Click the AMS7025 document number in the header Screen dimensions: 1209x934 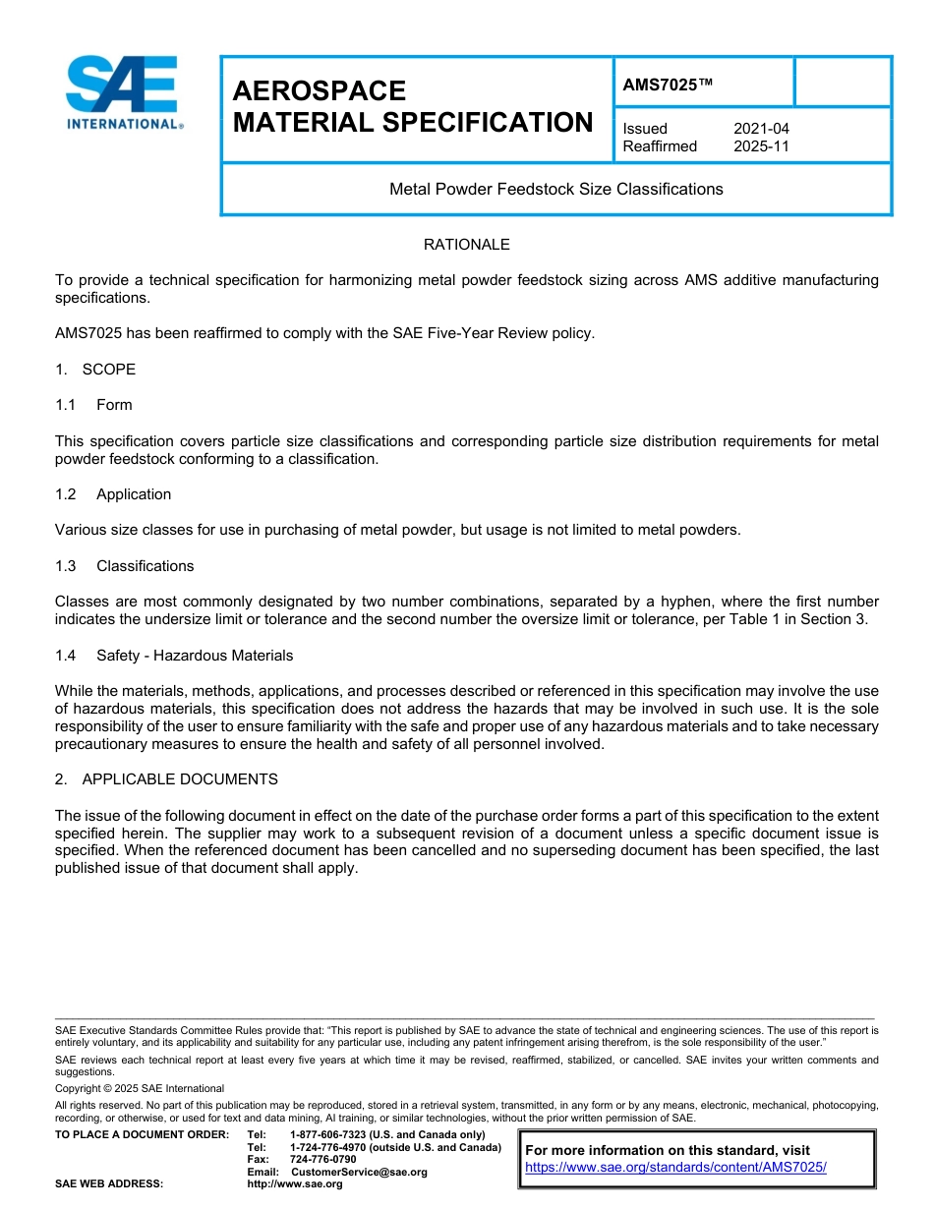click(667, 86)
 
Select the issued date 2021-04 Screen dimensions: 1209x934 click(761, 129)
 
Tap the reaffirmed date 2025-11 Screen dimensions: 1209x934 click(761, 146)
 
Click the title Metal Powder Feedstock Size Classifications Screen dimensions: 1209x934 click(555, 189)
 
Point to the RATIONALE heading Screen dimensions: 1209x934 click(466, 244)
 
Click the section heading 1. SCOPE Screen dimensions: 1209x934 click(95, 370)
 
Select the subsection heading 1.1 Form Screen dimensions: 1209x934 click(93, 405)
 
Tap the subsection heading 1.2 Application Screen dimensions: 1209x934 click(113, 494)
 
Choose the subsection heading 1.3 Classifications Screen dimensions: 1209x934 click(125, 566)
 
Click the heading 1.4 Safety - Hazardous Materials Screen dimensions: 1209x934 click(174, 656)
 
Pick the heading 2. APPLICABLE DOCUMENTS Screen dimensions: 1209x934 click(166, 779)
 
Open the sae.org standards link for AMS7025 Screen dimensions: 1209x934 click(675, 1168)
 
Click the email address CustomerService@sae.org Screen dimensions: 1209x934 click(359, 1172)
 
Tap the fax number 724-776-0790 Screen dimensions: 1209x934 click(322, 1160)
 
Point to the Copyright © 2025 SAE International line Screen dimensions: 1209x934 click(140, 1088)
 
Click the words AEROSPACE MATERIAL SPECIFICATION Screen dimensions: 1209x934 click(412, 107)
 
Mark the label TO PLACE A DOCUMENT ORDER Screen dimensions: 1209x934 click(142, 1135)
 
